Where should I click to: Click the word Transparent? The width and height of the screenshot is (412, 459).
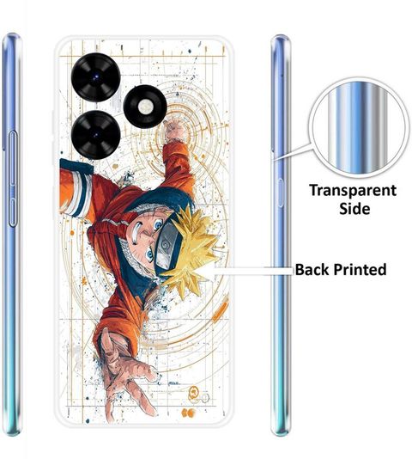353,191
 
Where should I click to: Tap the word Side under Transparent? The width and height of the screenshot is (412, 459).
354,209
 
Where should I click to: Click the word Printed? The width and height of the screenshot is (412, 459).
360,269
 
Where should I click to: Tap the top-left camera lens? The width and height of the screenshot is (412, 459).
95,77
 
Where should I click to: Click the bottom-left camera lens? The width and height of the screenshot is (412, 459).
95,135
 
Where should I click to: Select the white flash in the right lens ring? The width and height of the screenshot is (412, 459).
145,107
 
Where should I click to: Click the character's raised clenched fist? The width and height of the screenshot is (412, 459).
174,130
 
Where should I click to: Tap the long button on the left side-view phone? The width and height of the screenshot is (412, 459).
13,179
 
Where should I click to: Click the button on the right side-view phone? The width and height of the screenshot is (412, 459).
280,193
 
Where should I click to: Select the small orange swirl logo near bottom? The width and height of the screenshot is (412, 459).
193,391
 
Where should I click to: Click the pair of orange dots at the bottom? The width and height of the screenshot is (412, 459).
188,413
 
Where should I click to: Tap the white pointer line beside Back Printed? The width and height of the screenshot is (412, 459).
251,271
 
